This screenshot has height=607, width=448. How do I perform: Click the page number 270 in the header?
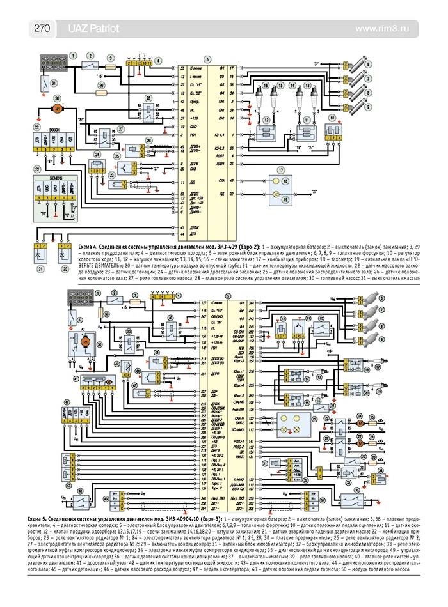coord(42,28)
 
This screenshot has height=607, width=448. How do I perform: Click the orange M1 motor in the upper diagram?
coord(58,109)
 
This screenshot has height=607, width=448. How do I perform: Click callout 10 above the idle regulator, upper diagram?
coord(332,117)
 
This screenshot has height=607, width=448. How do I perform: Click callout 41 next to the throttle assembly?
coord(76,379)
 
